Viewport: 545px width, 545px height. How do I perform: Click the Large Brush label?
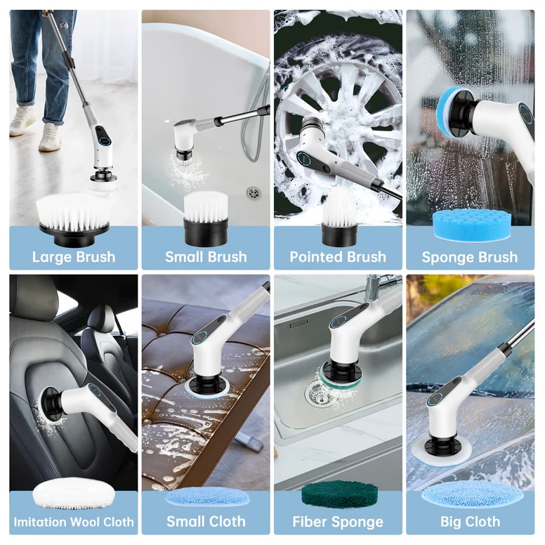click(x=74, y=256)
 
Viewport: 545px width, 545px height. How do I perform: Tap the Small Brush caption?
click(x=206, y=256)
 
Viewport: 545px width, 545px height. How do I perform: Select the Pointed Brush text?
click(x=338, y=256)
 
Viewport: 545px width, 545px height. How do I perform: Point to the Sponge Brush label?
click(x=469, y=256)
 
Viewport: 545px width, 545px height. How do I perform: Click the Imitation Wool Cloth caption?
click(x=74, y=522)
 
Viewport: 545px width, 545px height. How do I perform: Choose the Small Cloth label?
click(x=206, y=522)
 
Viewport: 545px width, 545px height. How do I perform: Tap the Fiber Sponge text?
click(x=338, y=522)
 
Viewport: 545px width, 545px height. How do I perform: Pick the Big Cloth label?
click(x=469, y=522)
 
